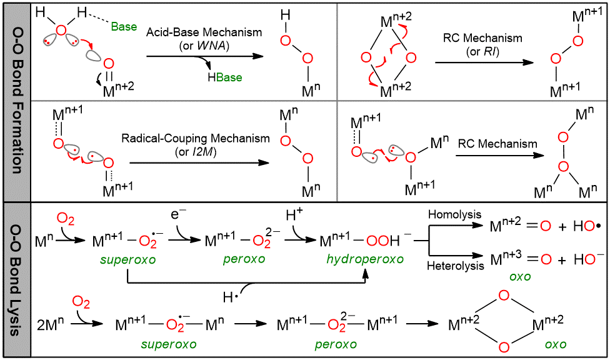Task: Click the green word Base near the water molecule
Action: pyautogui.click(x=124, y=27)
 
